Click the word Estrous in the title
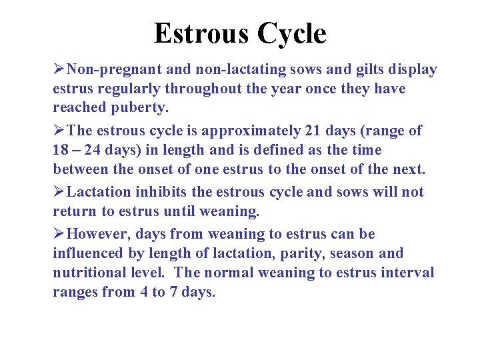tap(197, 33)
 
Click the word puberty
tap(145, 108)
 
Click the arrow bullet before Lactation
tap(59, 192)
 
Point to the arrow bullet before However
tap(59, 234)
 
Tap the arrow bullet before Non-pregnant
tap(59, 70)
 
